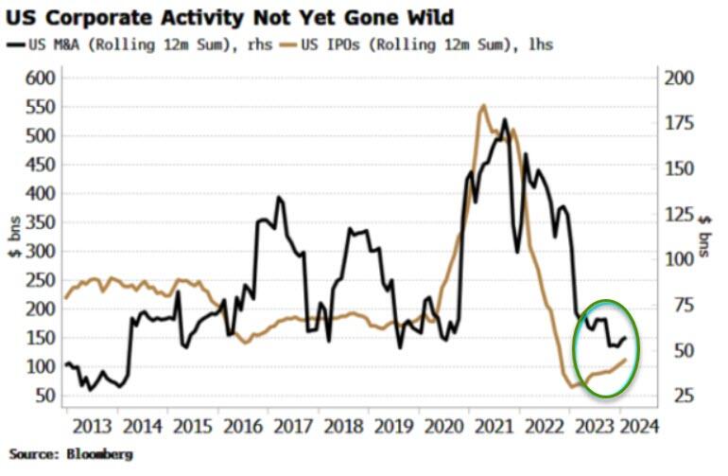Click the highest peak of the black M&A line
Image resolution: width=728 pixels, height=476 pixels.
[504, 119]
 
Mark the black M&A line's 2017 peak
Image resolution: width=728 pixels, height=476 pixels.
[278, 198]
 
